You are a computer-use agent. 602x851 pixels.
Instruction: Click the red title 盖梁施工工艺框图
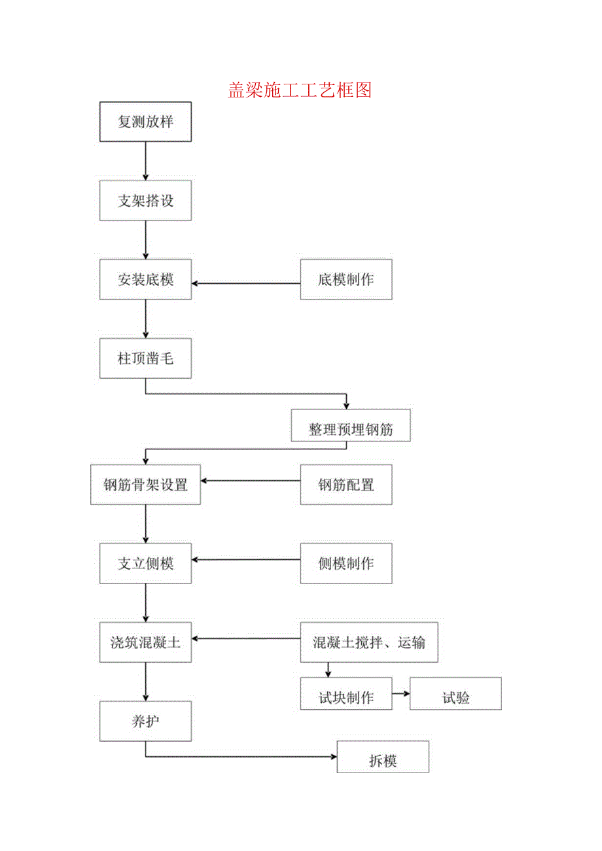point(300,90)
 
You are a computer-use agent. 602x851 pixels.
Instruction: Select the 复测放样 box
point(145,122)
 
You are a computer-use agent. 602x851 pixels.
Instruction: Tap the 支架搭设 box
point(145,201)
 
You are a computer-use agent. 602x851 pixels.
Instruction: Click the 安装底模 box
point(145,280)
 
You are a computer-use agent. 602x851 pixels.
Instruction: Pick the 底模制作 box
point(346,280)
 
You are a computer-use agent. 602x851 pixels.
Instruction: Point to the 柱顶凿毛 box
point(145,358)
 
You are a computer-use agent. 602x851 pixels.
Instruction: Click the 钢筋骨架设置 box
point(145,485)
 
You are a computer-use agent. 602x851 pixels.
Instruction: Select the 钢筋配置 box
point(346,485)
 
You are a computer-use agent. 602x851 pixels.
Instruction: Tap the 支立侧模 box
point(145,563)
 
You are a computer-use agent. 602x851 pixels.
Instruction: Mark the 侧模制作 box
point(346,563)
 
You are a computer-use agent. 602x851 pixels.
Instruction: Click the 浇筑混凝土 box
point(145,642)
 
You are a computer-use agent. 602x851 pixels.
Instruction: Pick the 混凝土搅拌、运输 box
point(369,642)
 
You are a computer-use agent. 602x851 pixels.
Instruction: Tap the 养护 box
point(145,721)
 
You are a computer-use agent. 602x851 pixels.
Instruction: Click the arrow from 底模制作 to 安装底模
point(246,283)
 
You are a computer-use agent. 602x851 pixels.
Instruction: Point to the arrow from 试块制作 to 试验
point(401,694)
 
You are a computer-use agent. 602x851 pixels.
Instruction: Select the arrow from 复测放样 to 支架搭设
point(145,161)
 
